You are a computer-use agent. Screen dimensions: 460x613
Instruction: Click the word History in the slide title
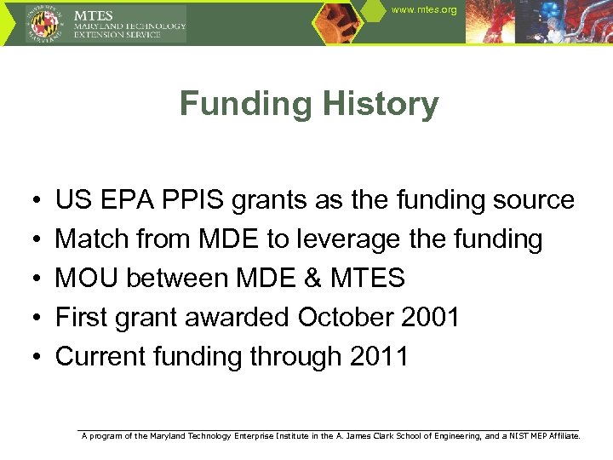tap(377, 105)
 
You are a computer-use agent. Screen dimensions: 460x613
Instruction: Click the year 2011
tap(379, 356)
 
